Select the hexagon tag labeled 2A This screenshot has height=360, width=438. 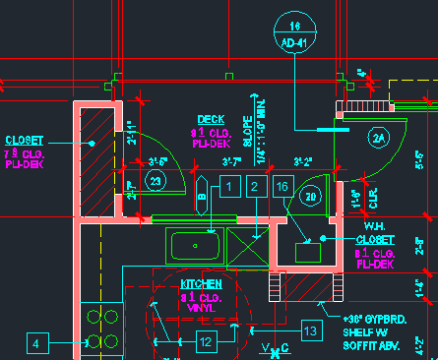(x=380, y=139)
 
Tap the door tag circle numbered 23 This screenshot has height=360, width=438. (x=155, y=180)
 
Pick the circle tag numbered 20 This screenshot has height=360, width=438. (x=311, y=197)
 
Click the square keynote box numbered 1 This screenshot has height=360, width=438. (x=229, y=186)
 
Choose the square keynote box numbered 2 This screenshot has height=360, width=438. (x=256, y=186)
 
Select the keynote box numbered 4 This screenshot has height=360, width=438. (x=36, y=343)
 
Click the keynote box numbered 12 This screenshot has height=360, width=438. (x=206, y=341)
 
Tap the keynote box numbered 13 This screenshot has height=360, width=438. (x=310, y=331)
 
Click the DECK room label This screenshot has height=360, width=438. (x=211, y=119)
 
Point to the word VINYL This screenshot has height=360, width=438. (x=201, y=308)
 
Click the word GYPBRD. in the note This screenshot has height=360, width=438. (x=385, y=320)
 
